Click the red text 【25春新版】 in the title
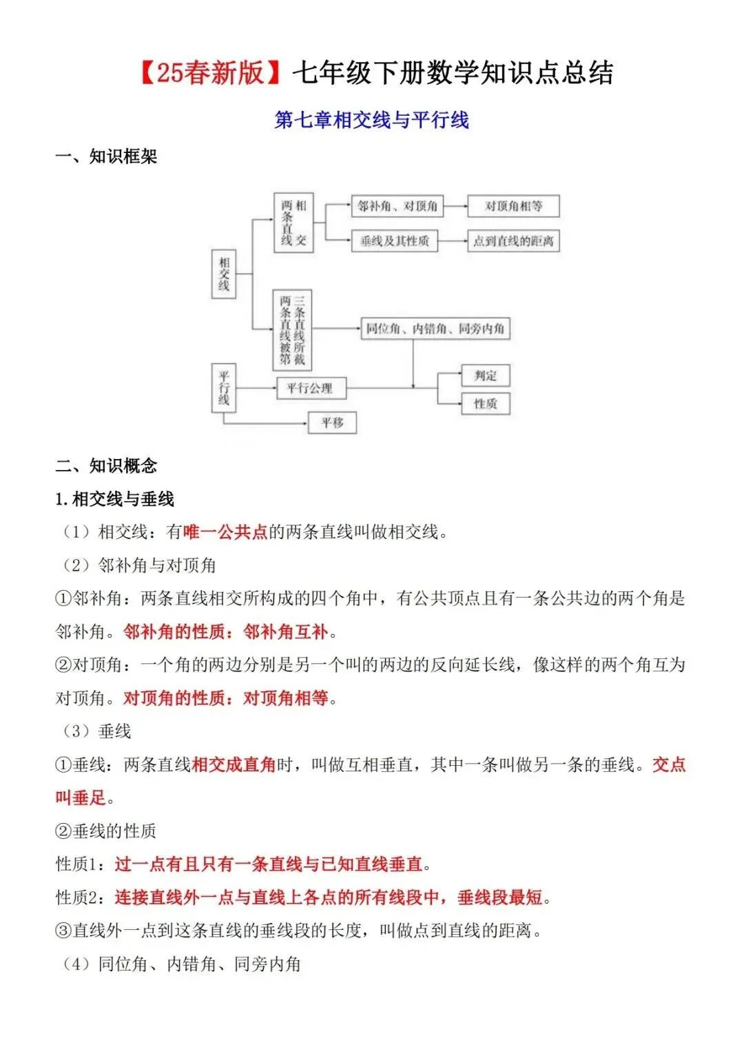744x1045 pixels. pyautogui.click(x=211, y=72)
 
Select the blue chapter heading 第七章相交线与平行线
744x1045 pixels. pyautogui.click(x=371, y=120)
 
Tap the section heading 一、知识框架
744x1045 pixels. pyautogui.click(x=106, y=156)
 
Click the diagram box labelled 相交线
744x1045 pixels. pyautogui.click(x=223, y=274)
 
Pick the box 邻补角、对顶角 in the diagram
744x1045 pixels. pyautogui.click(x=397, y=205)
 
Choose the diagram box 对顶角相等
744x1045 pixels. pyautogui.click(x=513, y=205)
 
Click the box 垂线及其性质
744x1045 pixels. pyautogui.click(x=395, y=241)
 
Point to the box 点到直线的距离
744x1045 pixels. pyautogui.click(x=513, y=241)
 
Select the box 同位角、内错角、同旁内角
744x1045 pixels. pyautogui.click(x=435, y=329)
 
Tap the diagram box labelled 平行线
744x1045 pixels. pyautogui.click(x=223, y=388)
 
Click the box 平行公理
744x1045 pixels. pyautogui.click(x=310, y=388)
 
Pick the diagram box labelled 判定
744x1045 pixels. pyautogui.click(x=485, y=376)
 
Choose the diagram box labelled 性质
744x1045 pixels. pyautogui.click(x=485, y=403)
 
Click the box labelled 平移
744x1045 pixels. pyautogui.click(x=332, y=423)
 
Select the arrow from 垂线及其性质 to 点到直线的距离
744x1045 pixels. pyautogui.click(x=453, y=241)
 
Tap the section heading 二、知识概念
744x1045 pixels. pyautogui.click(x=106, y=466)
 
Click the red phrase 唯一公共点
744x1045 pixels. pyautogui.click(x=225, y=532)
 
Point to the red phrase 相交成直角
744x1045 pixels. pyautogui.click(x=234, y=764)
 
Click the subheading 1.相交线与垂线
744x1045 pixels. pyautogui.click(x=115, y=499)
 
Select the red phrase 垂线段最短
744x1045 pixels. pyautogui.click(x=500, y=897)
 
